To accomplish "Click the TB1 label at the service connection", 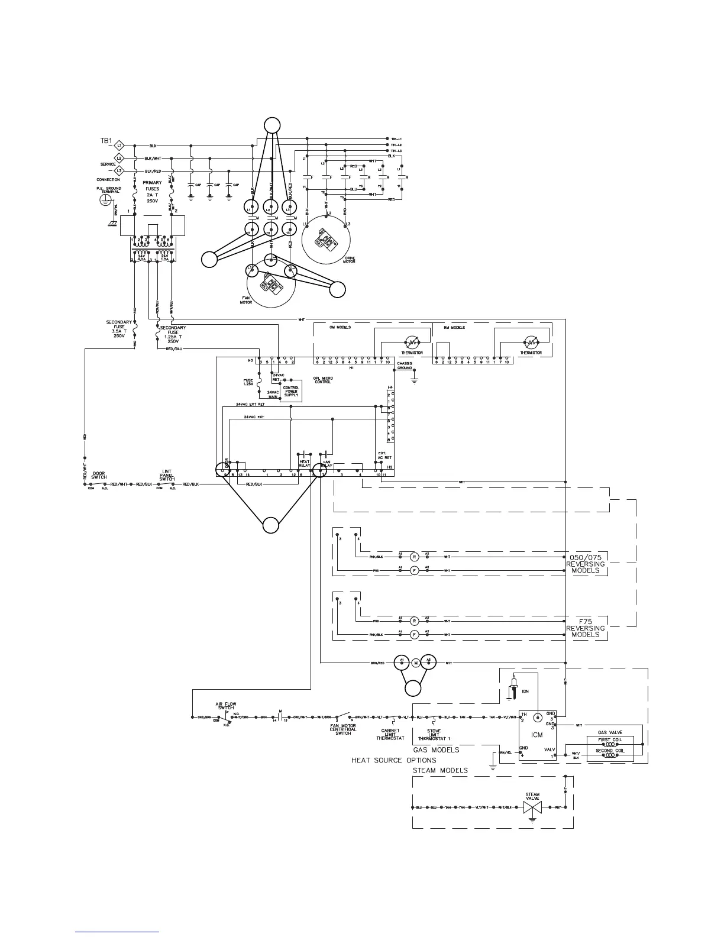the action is click(x=106, y=141).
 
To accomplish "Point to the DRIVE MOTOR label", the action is click(x=349, y=260).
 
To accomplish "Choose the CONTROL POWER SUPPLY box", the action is click(x=291, y=392).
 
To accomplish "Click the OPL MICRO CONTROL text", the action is click(x=323, y=380).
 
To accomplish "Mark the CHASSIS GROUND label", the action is click(x=405, y=366).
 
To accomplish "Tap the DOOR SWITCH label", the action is click(x=99, y=475).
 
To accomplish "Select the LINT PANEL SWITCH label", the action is click(x=167, y=475).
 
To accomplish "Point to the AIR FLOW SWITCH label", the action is click(x=225, y=706).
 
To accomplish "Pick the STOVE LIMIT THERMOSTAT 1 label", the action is click(x=434, y=735).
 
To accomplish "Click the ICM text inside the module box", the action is click(x=536, y=735).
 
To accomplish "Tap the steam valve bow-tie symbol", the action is click(x=532, y=807).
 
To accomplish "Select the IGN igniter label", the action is click(x=525, y=690).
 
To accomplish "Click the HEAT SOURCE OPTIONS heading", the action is click(x=393, y=760).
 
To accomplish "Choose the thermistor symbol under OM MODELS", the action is click(x=412, y=343).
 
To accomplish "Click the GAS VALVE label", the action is click(x=610, y=732).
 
